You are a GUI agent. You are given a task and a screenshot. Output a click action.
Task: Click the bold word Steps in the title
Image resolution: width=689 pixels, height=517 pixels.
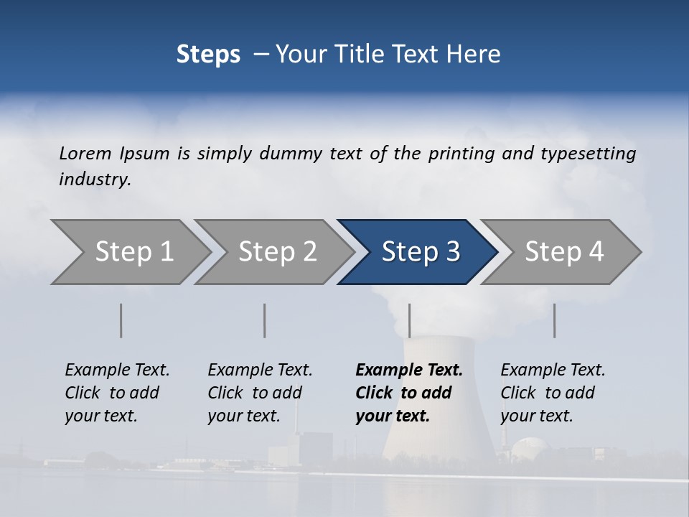(x=208, y=55)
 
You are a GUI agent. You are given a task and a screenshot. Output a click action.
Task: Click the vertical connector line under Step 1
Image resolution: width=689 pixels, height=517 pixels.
(x=121, y=320)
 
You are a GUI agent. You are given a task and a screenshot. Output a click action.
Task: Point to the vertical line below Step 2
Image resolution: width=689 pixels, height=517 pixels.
(x=265, y=320)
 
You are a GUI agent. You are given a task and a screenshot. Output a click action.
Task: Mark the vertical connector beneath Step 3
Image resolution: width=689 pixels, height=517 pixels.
(x=409, y=320)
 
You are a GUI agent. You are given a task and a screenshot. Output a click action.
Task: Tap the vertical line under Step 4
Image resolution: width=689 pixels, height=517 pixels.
(x=554, y=320)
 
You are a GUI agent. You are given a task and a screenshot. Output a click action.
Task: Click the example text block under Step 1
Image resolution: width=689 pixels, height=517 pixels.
(x=117, y=393)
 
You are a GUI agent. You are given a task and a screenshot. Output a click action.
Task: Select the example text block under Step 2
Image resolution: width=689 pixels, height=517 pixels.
(x=260, y=393)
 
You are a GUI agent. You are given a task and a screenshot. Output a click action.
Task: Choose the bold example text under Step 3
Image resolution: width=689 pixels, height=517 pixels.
(x=409, y=393)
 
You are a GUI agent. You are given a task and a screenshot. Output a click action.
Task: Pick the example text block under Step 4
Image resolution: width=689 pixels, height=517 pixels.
(x=553, y=393)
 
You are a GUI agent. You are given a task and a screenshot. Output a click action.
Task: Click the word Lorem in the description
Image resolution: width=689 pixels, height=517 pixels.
(x=85, y=153)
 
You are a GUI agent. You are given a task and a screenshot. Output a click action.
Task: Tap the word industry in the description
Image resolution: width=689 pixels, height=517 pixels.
(x=95, y=179)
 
